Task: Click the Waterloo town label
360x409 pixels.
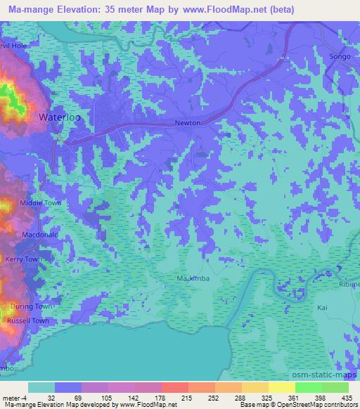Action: click(60, 117)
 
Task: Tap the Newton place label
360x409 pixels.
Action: click(188, 123)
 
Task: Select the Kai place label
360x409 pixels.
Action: click(323, 308)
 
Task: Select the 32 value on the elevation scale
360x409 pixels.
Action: click(41, 397)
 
